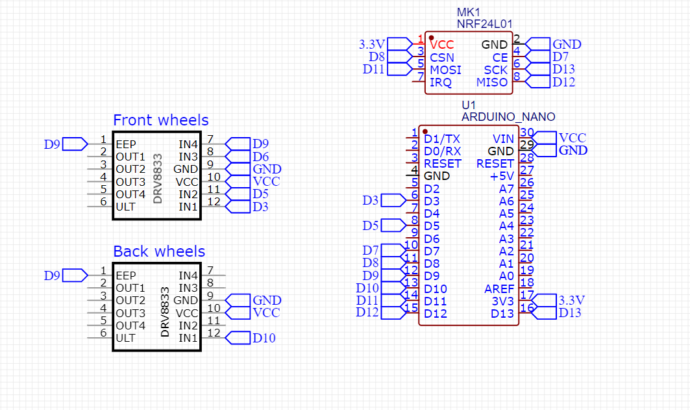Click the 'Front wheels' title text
point(160,120)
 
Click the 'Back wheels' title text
point(158,251)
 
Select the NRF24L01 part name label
point(483,24)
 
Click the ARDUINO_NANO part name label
point(508,117)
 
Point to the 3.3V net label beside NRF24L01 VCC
point(372,45)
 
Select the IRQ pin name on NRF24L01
point(440,83)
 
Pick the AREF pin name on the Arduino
point(499,288)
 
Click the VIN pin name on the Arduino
point(504,138)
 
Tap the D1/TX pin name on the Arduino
point(441,138)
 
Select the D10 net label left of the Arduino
point(367,288)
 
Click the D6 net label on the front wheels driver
point(260,157)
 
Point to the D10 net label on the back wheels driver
point(264,338)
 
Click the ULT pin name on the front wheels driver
point(125,207)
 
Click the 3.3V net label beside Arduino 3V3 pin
point(571,300)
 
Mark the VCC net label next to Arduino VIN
point(572,138)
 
